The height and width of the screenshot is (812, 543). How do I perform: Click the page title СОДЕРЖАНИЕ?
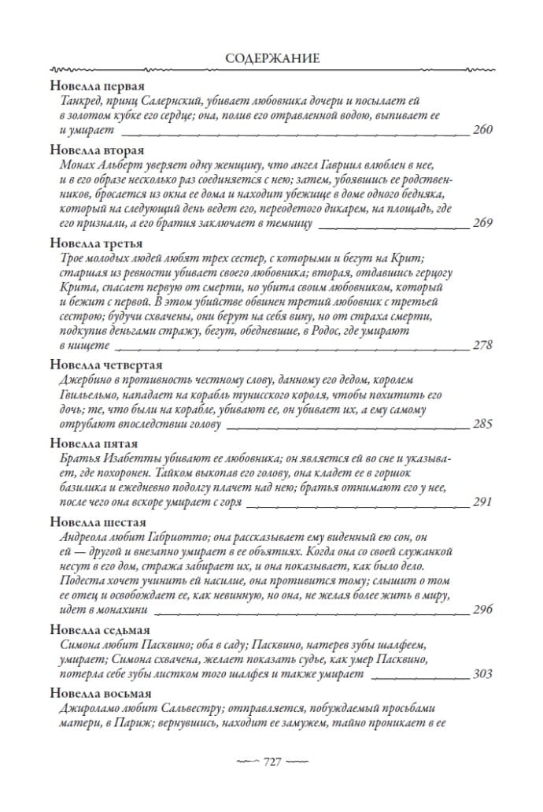271,59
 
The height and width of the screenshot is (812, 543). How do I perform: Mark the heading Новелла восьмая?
100,693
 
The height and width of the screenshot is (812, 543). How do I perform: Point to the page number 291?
482,502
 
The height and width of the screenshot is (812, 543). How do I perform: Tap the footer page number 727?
271,762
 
